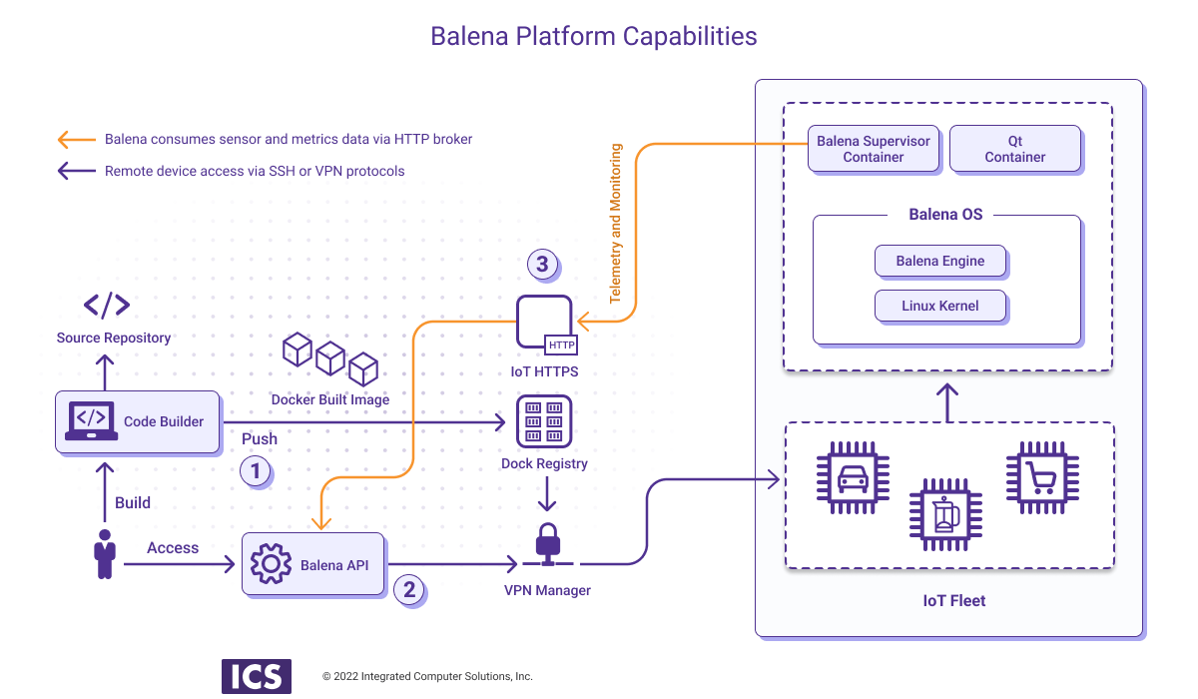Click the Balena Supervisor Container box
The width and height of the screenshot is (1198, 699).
(873, 149)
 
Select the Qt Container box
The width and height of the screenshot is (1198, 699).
(1014, 149)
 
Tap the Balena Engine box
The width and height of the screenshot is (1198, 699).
(939, 261)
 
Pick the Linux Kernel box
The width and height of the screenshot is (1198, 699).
(939, 306)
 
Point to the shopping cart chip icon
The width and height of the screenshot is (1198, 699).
(1042, 478)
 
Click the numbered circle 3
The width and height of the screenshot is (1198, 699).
(542, 265)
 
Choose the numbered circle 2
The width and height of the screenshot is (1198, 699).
(409, 589)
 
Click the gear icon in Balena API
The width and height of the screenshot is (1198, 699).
(271, 564)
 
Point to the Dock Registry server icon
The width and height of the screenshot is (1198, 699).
(544, 421)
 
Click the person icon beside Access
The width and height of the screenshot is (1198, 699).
(103, 555)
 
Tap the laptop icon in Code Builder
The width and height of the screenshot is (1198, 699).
(92, 421)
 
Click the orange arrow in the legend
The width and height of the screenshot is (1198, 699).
(76, 139)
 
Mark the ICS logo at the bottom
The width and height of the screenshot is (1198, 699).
(256, 676)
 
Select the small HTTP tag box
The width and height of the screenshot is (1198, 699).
(561, 346)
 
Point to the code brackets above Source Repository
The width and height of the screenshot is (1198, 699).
(106, 305)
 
